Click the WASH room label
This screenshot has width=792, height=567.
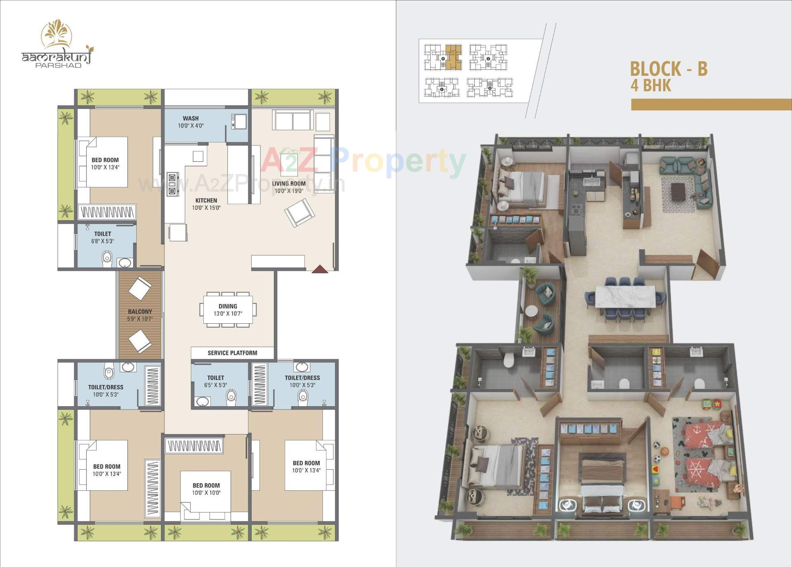coord(191,122)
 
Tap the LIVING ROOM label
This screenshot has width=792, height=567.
coord(289,187)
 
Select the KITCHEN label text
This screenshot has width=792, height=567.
coord(206,204)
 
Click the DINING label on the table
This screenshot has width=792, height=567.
coord(228,310)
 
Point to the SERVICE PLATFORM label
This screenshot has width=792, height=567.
coord(232,353)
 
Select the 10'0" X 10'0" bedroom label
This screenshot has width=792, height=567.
coord(206,489)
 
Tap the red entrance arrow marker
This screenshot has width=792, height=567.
coord(320,269)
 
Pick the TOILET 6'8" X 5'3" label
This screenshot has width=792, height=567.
coord(102,237)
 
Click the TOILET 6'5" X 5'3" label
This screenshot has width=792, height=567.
coord(215,381)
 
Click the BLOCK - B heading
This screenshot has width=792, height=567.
coord(668,69)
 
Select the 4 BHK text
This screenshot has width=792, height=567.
coord(651,85)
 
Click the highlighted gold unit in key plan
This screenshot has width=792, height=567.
coord(453,57)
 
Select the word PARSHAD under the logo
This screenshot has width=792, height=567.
coord(58,66)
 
